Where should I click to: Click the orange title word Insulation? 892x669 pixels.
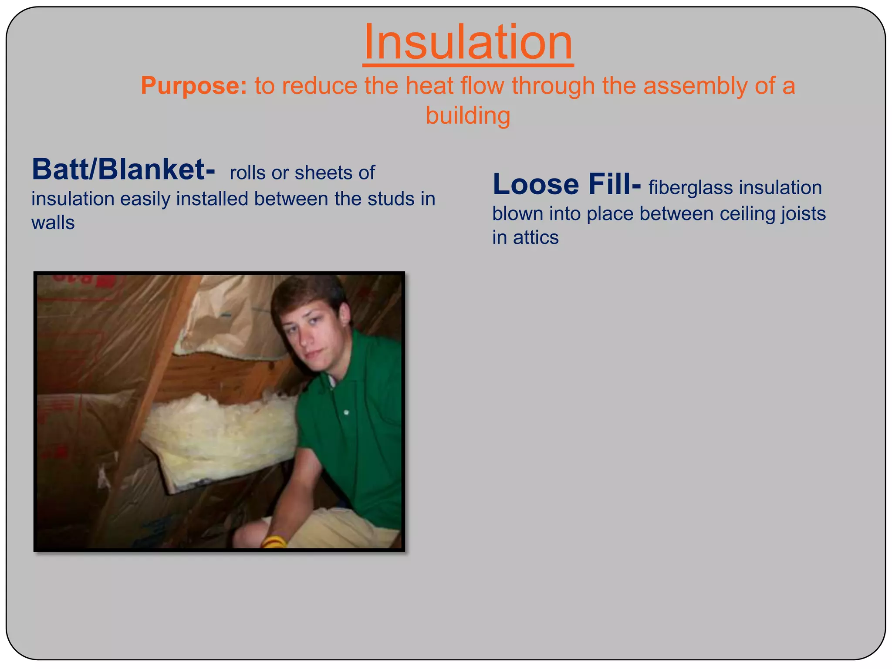(x=468, y=43)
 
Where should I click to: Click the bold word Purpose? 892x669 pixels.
(x=194, y=85)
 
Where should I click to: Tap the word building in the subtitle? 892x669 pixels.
(x=468, y=115)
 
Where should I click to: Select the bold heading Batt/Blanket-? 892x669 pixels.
(x=123, y=169)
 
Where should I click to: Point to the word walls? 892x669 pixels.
(x=53, y=223)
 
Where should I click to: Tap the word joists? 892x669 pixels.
(x=803, y=214)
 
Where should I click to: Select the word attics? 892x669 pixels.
(x=535, y=238)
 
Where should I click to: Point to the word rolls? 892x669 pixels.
(x=247, y=173)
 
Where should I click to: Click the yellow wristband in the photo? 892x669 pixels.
(x=274, y=542)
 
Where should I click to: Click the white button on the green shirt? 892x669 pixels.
(x=346, y=412)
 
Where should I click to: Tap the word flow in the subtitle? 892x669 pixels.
(x=483, y=85)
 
